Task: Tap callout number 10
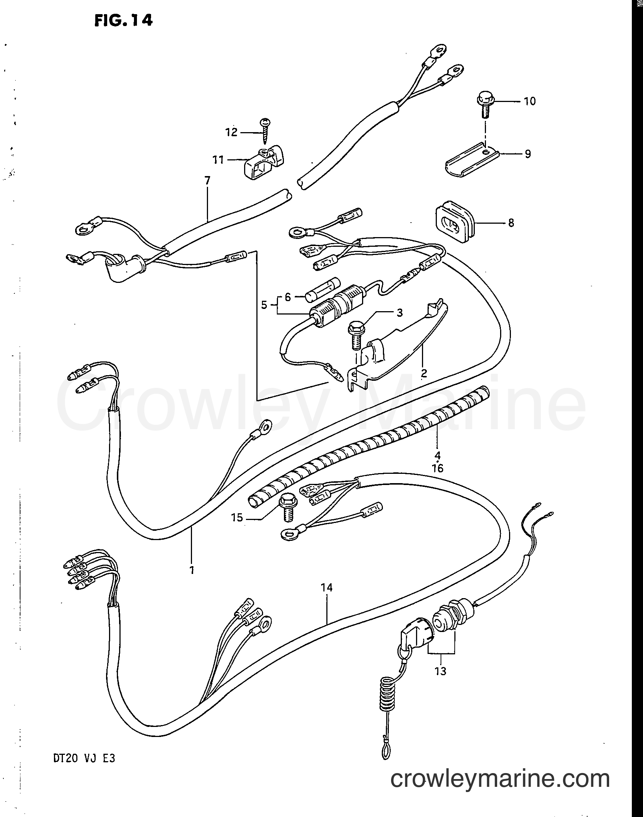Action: pos(529,101)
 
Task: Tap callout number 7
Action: pos(207,182)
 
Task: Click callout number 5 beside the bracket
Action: pos(264,304)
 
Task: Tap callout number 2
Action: pos(424,373)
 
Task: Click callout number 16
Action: pos(438,468)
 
